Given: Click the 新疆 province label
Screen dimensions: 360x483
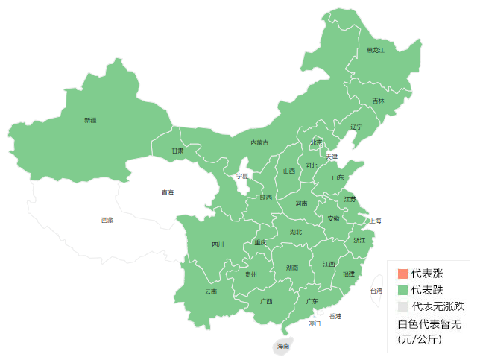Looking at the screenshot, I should pyautogui.click(x=90, y=120).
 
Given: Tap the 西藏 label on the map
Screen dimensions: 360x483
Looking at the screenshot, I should pyautogui.click(x=108, y=220).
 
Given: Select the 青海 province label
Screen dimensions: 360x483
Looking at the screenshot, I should pyautogui.click(x=167, y=193).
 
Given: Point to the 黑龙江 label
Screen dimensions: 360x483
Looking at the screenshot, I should pyautogui.click(x=375, y=51).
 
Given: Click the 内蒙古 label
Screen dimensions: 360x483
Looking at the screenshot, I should pyautogui.click(x=259, y=142).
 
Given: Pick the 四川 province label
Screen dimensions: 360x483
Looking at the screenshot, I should pyautogui.click(x=218, y=244).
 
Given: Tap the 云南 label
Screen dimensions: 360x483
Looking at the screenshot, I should pyautogui.click(x=211, y=291).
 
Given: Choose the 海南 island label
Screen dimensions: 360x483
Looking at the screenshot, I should pyautogui.click(x=283, y=347).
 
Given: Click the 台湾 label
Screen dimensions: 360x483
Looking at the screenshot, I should pyautogui.click(x=376, y=291).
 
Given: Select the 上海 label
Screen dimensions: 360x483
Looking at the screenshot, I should pyautogui.click(x=375, y=221).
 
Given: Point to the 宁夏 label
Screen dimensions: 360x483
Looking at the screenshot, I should pyautogui.click(x=242, y=177).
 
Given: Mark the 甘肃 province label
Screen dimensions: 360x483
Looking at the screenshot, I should pyautogui.click(x=177, y=151).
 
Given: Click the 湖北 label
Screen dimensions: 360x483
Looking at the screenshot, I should pyautogui.click(x=296, y=232).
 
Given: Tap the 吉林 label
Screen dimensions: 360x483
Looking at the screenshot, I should pyautogui.click(x=379, y=101).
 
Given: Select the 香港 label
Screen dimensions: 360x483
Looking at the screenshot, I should pyautogui.click(x=335, y=316).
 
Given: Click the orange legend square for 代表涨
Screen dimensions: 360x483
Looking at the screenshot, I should pyautogui.click(x=403, y=274).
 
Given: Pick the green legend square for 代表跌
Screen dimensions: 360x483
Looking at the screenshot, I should pyautogui.click(x=403, y=290).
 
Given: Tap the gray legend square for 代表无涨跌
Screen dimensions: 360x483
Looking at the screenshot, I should pyautogui.click(x=403, y=306).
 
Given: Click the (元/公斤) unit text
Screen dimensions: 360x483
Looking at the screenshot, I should pyautogui.click(x=420, y=339).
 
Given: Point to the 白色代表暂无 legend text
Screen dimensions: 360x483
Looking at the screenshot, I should pyautogui.click(x=429, y=323).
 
